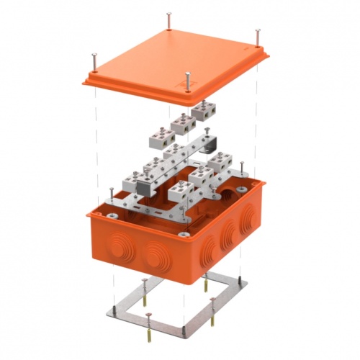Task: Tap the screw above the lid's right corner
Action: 256,34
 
